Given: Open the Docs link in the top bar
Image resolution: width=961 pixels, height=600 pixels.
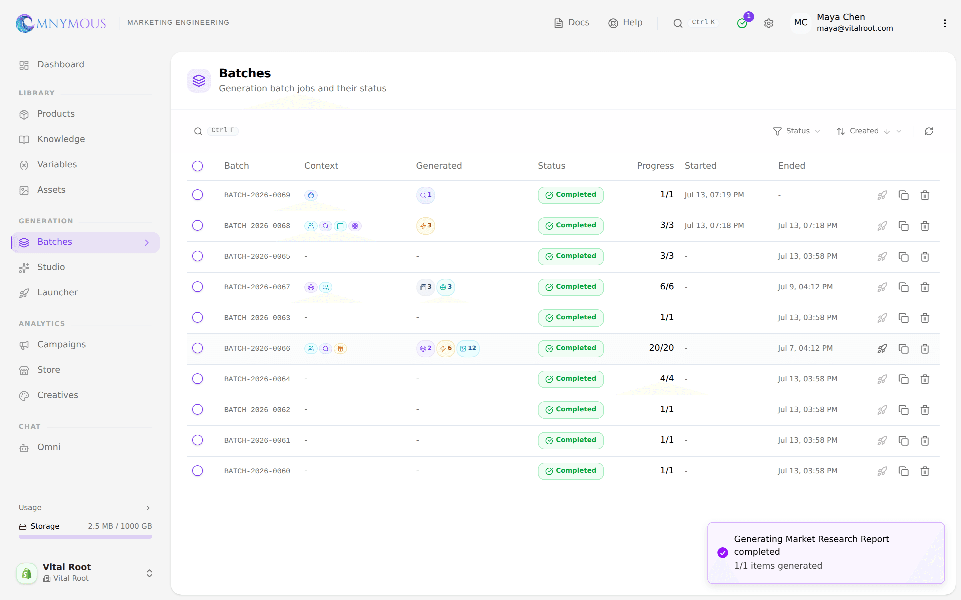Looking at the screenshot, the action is [x=572, y=23].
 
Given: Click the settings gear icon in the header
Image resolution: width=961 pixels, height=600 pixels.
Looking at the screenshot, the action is [x=768, y=23].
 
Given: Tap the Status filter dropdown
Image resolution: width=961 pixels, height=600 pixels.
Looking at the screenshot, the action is [x=796, y=131].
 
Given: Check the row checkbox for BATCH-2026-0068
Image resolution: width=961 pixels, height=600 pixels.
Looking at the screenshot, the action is [x=197, y=225].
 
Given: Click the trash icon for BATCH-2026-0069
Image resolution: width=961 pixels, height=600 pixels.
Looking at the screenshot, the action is [x=925, y=195].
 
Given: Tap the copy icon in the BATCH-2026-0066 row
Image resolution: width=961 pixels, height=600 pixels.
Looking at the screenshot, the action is [x=903, y=348].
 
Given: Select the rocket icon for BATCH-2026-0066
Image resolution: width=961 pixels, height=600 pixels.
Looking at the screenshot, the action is [x=882, y=348].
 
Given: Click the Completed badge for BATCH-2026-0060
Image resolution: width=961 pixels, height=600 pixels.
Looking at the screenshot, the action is [x=571, y=471].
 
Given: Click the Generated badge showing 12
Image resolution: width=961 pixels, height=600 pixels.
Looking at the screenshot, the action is [x=468, y=348].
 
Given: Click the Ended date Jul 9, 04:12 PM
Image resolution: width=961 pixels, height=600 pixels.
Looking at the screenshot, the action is [x=805, y=287].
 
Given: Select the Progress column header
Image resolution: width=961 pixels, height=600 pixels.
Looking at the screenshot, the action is [x=655, y=166].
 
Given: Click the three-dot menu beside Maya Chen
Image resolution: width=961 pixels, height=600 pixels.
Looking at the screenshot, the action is [x=945, y=23].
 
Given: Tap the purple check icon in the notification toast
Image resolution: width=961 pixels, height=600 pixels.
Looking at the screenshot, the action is [x=723, y=552].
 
